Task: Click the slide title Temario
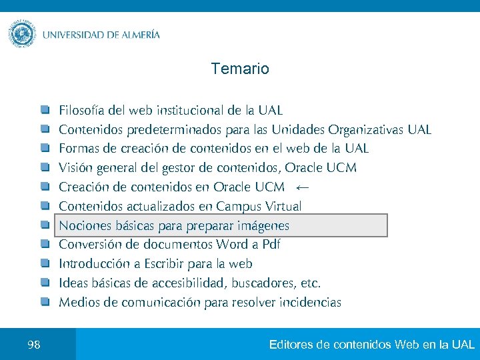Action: pos(240,69)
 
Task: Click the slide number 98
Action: pos(34,345)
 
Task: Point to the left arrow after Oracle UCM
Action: pos(302,187)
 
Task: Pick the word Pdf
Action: pos(271,245)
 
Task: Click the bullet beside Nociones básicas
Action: pos(44,225)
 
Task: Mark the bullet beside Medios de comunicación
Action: pos(44,302)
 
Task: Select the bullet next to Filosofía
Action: pos(44,109)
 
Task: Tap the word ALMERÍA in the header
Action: pos(135,35)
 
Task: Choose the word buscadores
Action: pos(263,283)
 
